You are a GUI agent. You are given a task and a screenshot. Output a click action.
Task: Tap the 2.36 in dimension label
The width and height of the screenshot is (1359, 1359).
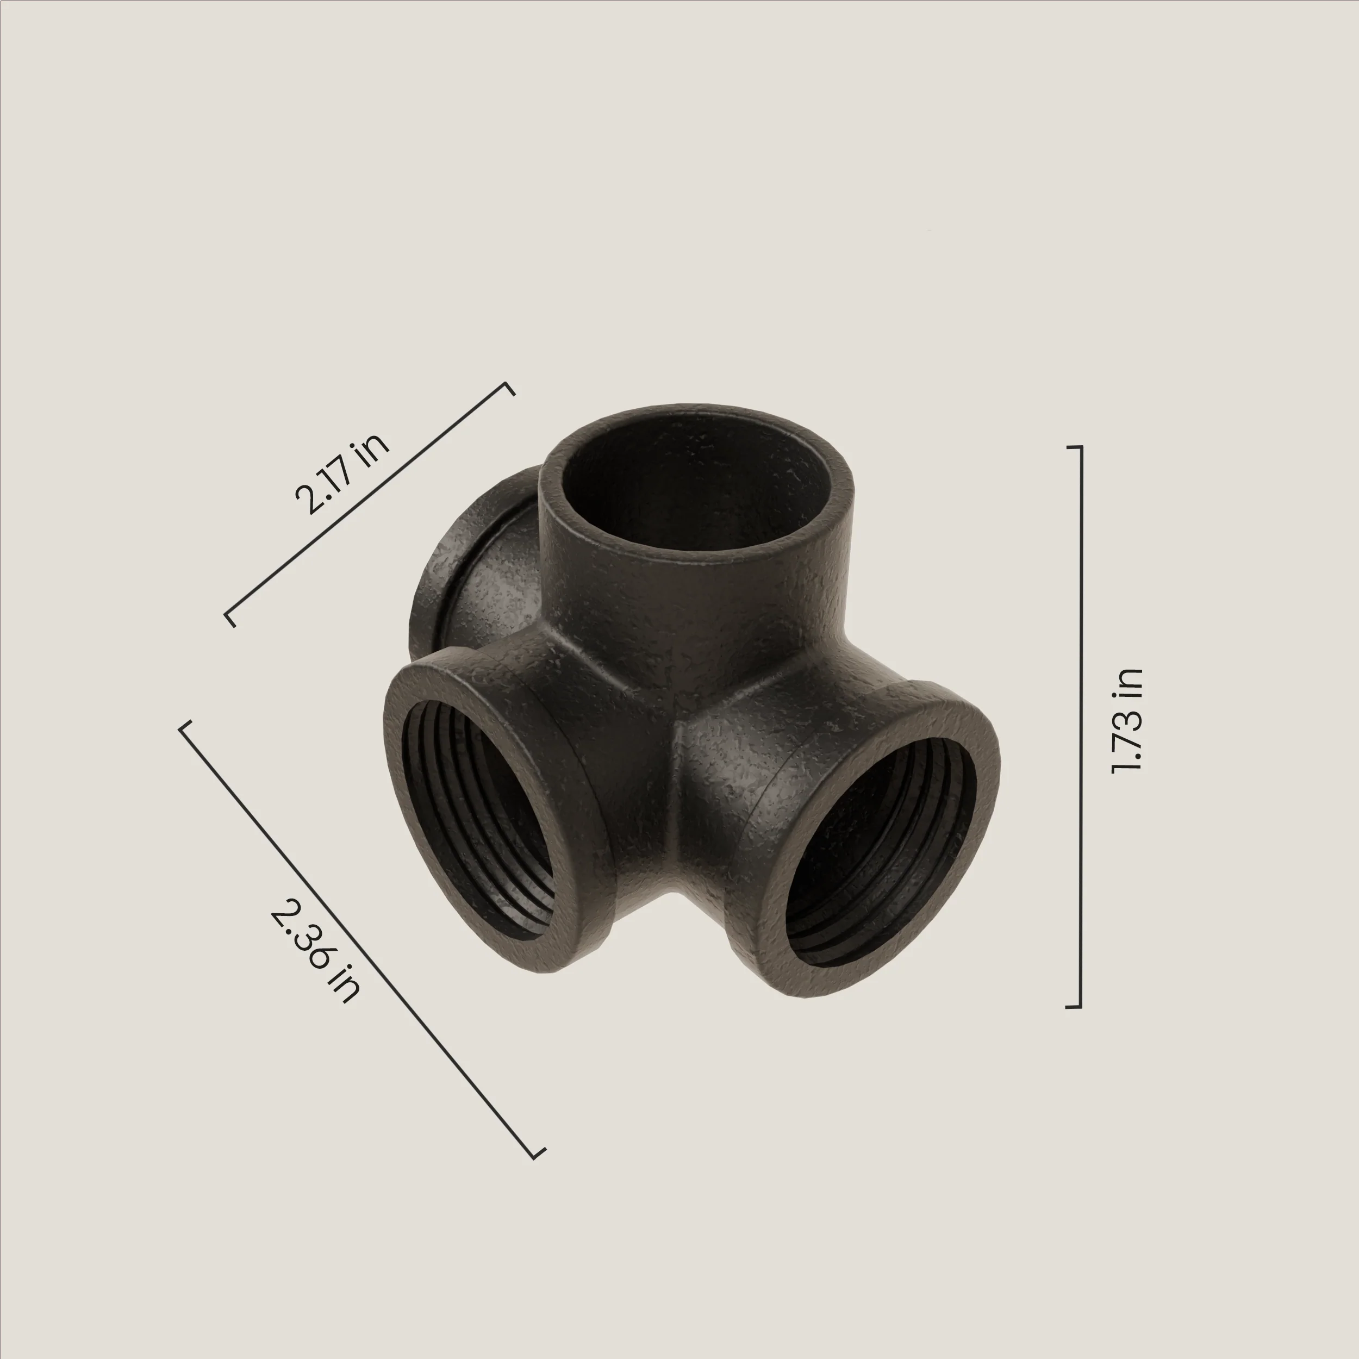point(316,952)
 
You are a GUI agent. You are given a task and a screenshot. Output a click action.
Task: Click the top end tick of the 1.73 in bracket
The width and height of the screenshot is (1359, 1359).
point(1074,447)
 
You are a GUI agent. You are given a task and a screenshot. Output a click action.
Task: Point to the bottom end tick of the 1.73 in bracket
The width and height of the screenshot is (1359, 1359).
point(1074,1007)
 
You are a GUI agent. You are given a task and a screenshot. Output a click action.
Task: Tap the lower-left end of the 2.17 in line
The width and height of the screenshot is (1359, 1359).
point(228,617)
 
